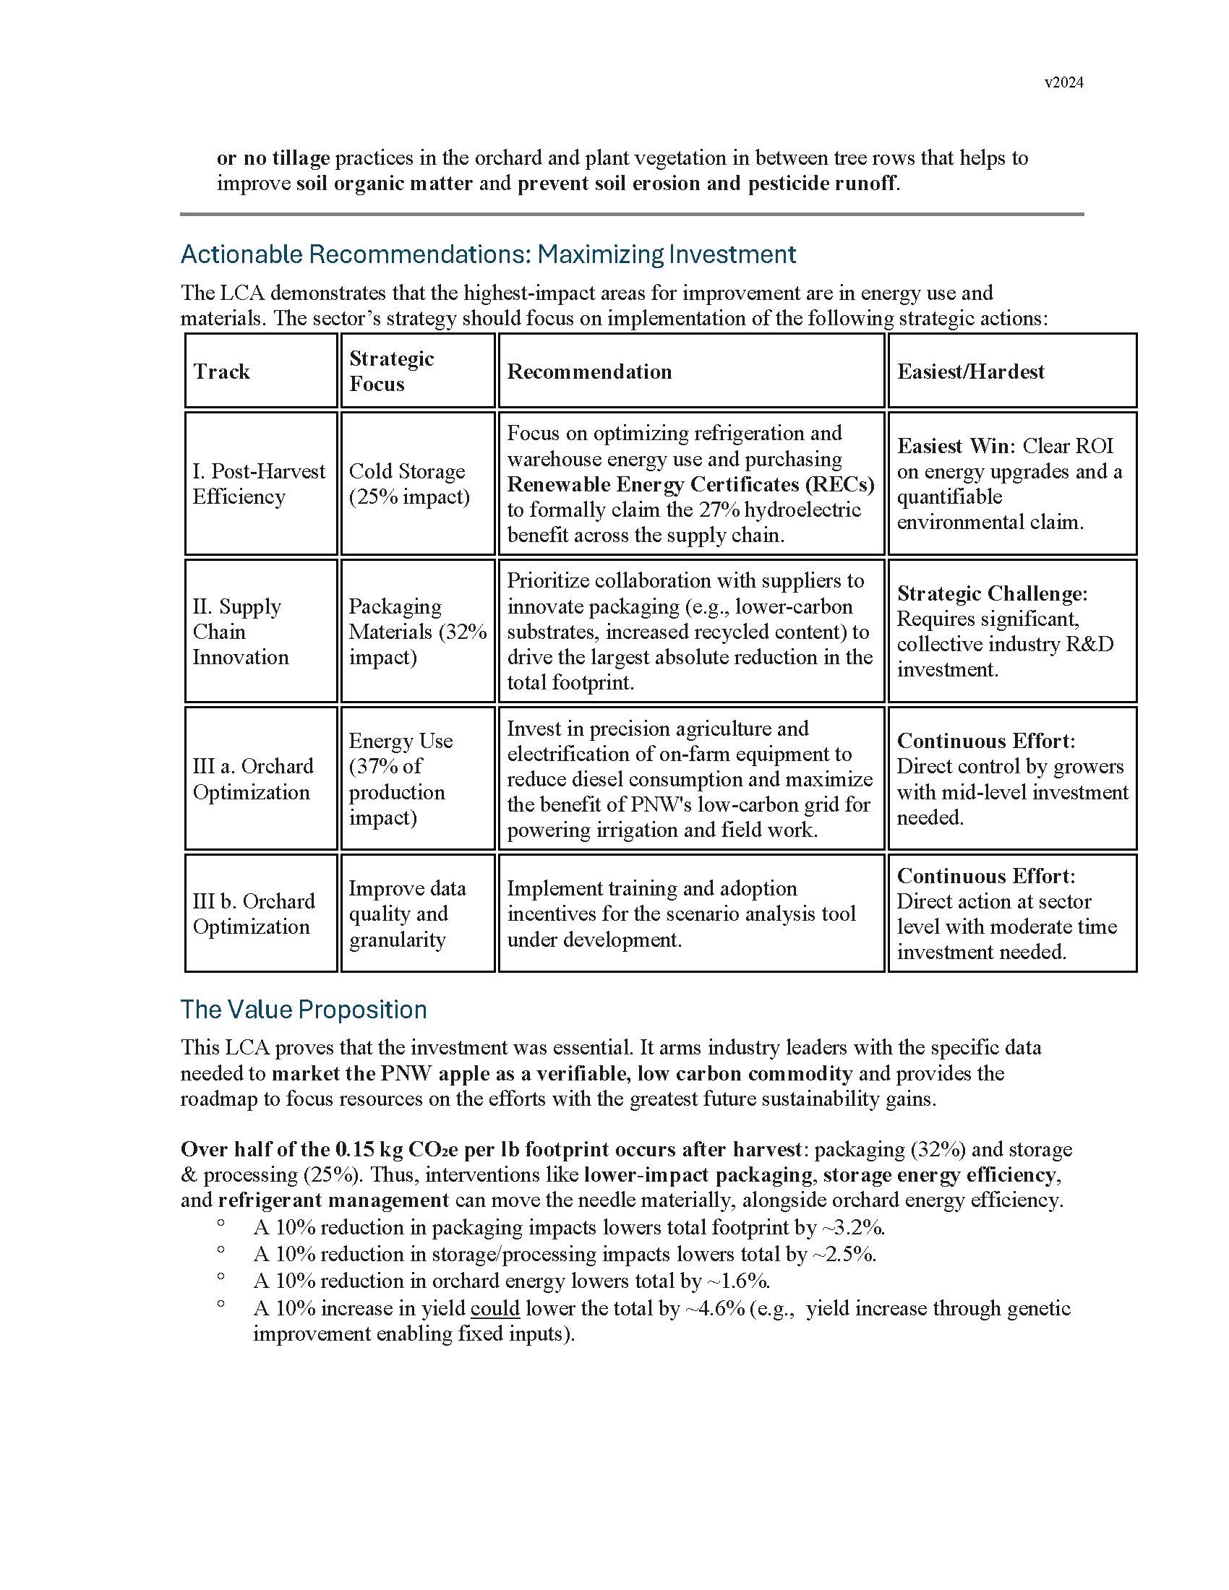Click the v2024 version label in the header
pyautogui.click(x=1063, y=82)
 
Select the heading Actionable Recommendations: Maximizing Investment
pyautogui.click(x=488, y=254)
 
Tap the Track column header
pyautogui.click(x=221, y=371)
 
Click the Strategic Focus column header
pyautogui.click(x=392, y=371)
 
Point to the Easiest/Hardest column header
pyautogui.click(x=969, y=371)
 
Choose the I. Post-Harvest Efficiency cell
pyautogui.click(x=259, y=484)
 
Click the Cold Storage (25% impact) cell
pyautogui.click(x=408, y=484)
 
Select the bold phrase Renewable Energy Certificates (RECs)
pyautogui.click(x=690, y=484)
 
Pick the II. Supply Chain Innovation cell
pyautogui.click(x=240, y=631)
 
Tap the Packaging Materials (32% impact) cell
pyautogui.click(x=417, y=631)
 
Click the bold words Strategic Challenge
pyautogui.click(x=992, y=593)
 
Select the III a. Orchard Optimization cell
pyautogui.click(x=252, y=779)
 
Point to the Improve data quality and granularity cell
pyautogui.click(x=407, y=914)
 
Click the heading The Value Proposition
pyautogui.click(x=304, y=1010)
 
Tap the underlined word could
pyautogui.click(x=494, y=1308)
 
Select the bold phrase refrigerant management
pyautogui.click(x=333, y=1200)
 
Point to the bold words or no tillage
pyautogui.click(x=273, y=158)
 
